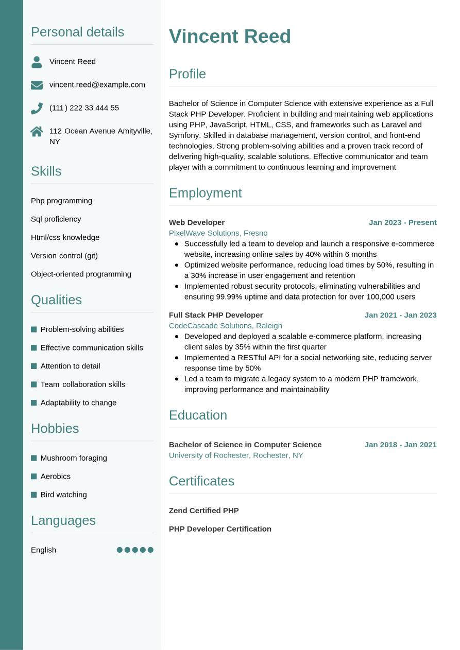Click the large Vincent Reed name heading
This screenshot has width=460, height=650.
click(x=230, y=37)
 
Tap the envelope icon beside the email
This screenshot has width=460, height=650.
click(x=37, y=85)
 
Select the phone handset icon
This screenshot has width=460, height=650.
click(x=37, y=108)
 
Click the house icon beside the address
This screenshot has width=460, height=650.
click(x=37, y=131)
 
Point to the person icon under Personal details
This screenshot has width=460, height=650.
click(x=37, y=62)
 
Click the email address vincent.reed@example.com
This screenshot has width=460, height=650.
click(x=97, y=85)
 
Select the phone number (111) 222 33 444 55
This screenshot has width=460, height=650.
click(x=84, y=108)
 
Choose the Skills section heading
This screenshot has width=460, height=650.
click(x=46, y=171)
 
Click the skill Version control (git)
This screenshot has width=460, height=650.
click(x=64, y=256)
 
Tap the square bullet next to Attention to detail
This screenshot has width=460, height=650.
click(x=34, y=366)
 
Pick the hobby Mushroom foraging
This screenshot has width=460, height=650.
click(x=74, y=458)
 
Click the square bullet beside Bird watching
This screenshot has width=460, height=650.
click(x=34, y=495)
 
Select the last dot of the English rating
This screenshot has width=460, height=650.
click(x=150, y=550)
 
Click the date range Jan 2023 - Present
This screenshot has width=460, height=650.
click(x=402, y=222)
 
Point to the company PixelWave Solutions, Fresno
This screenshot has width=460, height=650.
click(x=218, y=233)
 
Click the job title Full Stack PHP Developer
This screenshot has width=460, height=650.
click(x=216, y=315)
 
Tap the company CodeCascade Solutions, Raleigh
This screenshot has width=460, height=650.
click(x=225, y=326)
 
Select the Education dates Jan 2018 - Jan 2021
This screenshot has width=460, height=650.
click(x=400, y=445)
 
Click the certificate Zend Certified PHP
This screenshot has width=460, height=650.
click(x=203, y=511)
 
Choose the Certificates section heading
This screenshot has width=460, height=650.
click(x=201, y=481)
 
